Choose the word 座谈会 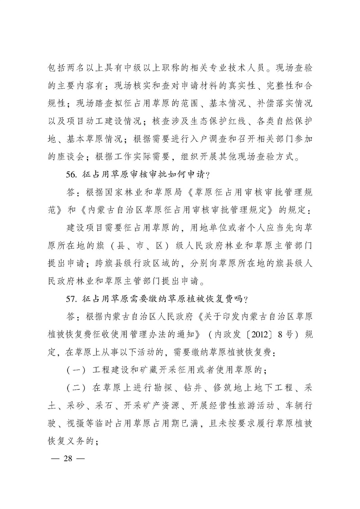click(69, 158)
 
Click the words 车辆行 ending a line click(295, 407)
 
